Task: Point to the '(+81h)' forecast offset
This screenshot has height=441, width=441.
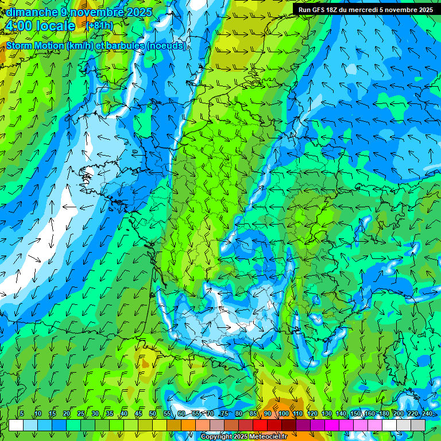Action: (99, 26)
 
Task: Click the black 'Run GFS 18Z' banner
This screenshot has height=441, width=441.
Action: (366, 10)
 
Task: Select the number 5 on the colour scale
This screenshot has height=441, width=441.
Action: (22, 413)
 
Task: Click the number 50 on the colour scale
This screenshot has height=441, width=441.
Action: (152, 413)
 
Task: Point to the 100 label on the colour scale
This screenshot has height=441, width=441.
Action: (284, 413)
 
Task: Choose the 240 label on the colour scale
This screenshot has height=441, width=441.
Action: (427, 413)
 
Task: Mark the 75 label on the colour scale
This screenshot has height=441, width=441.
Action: (225, 413)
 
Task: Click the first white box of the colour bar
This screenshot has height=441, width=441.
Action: (16, 425)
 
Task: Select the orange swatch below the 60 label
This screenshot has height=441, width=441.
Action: (174, 425)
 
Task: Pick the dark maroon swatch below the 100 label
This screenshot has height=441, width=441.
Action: (289, 425)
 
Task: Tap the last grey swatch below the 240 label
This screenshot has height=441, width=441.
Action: (418, 425)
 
